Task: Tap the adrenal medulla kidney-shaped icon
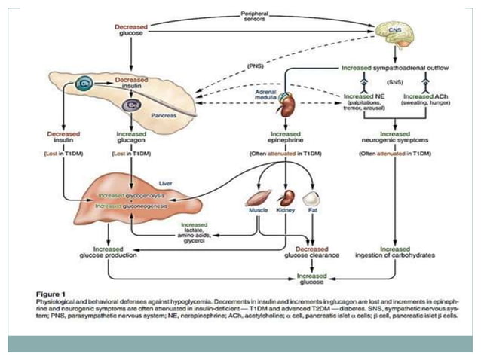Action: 287,106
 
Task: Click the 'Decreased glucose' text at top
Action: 132,29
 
